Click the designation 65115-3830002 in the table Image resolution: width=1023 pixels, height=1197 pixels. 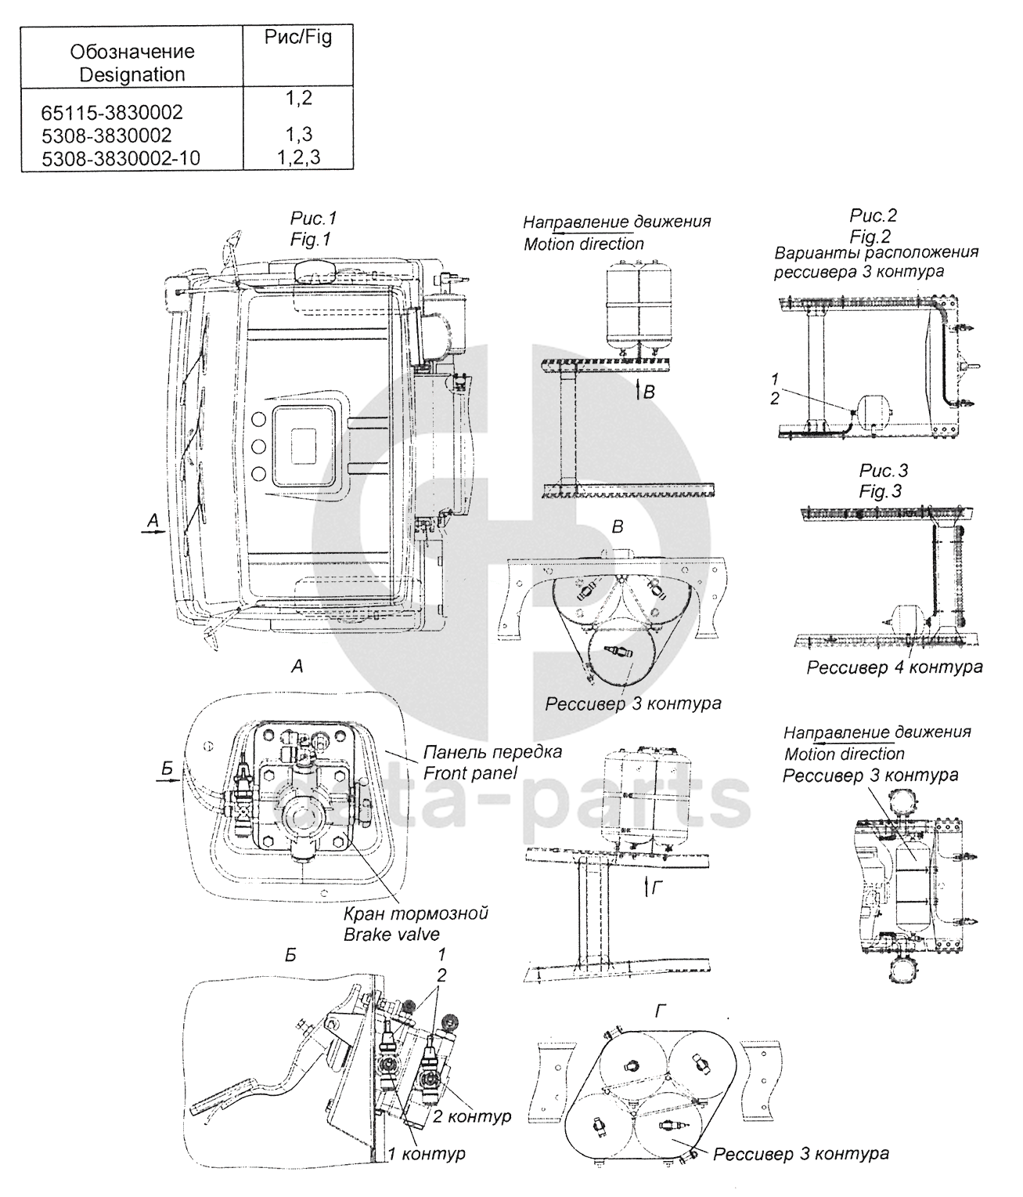(112, 112)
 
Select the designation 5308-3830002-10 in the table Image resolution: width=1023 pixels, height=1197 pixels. (121, 158)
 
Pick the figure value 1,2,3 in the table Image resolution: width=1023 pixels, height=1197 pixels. (298, 157)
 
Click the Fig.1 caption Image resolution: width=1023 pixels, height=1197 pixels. (310, 239)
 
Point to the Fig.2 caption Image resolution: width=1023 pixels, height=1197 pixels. (870, 237)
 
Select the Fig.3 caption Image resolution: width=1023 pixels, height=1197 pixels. (880, 491)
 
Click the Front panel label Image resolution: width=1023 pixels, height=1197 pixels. (470, 772)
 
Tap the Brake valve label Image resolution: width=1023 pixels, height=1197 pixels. (391, 934)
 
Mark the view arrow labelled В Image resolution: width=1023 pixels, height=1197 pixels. (637, 392)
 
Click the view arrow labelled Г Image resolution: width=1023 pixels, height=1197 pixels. (647, 888)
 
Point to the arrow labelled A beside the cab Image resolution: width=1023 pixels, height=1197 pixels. (153, 530)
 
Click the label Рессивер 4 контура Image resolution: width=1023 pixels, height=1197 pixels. (895, 667)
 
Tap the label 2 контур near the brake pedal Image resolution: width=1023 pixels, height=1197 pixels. (472, 1116)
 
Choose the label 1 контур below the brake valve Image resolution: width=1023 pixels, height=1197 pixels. (427, 1153)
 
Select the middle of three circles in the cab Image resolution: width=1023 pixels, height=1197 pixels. (258, 447)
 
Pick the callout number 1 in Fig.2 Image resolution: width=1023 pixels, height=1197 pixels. (775, 378)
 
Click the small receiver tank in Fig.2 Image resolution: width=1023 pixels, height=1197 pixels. (874, 412)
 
